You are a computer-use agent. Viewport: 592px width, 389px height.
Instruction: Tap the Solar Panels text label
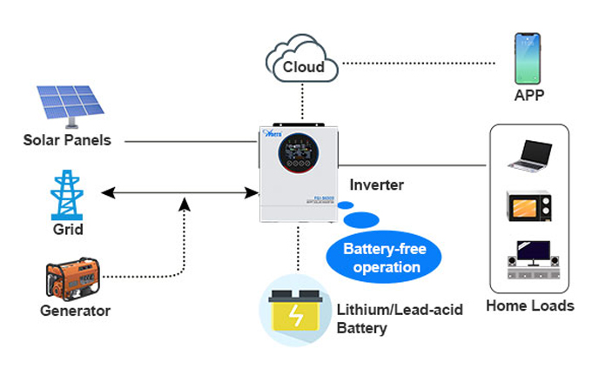point(68,139)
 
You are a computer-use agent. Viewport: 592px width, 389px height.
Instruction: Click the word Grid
point(68,230)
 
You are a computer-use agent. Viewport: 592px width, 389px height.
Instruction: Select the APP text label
point(528,94)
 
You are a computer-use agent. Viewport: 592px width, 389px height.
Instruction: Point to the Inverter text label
point(376,184)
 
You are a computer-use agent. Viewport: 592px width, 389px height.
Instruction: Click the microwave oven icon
point(528,205)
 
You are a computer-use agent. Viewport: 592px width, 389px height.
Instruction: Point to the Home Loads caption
point(529,305)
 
